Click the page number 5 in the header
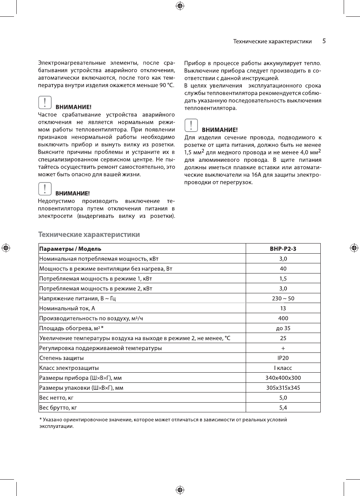(324, 41)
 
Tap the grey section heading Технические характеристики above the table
(89, 235)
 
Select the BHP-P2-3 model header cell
(283, 249)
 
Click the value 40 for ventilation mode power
(283, 268)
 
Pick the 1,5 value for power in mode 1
(283, 279)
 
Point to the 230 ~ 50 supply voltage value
(283, 298)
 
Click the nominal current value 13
(283, 308)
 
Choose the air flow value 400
(283, 318)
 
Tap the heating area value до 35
(283, 328)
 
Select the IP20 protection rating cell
(283, 358)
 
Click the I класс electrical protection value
(283, 368)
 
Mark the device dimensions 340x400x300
(283, 378)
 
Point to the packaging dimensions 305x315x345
(283, 388)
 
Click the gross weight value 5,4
(283, 408)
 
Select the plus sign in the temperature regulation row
(283, 348)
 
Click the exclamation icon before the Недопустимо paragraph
(45, 189)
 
